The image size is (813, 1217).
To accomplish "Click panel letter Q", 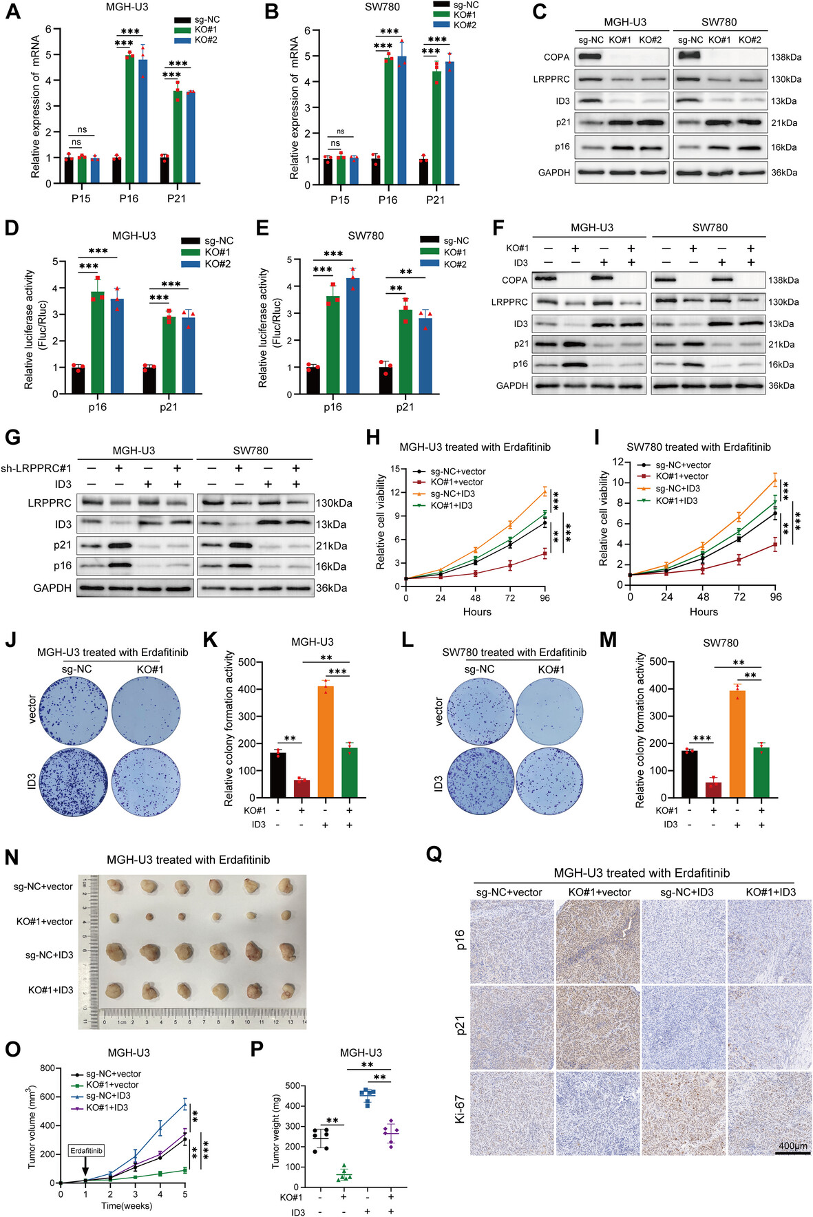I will [x=434, y=855].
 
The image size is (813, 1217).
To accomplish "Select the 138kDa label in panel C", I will [x=786, y=57].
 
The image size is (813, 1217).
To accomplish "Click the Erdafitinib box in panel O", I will [x=86, y=1150].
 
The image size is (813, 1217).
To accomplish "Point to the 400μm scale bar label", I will [x=792, y=1146].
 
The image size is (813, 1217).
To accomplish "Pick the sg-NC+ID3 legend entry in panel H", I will [x=452, y=494].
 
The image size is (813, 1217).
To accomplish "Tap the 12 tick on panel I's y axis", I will [x=618, y=462].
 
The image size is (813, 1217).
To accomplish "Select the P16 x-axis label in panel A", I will [x=129, y=198].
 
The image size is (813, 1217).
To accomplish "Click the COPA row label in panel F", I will [x=514, y=280].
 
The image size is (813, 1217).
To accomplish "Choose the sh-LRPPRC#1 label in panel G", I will [x=36, y=468].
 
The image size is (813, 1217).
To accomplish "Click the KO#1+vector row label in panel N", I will [x=45, y=921].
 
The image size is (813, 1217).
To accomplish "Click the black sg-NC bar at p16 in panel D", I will [x=78, y=380].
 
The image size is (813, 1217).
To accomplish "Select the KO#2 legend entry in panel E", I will [x=456, y=264].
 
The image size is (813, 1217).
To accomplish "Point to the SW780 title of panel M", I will [x=720, y=643].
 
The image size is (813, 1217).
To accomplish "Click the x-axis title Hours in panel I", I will [x=704, y=611].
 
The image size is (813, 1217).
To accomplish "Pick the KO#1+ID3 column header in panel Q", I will [x=770, y=892].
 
